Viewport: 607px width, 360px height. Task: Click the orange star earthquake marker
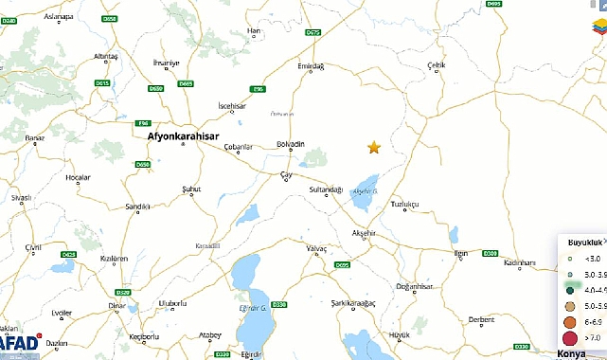[374, 147]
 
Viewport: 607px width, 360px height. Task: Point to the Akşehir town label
[364, 232]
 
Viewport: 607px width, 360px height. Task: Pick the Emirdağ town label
[311, 66]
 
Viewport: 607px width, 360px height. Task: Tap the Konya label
[572, 352]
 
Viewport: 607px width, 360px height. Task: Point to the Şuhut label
[191, 189]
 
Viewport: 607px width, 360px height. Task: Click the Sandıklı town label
[138, 206]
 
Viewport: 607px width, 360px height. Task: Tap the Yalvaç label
[315, 248]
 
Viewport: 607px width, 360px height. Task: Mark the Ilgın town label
[461, 254]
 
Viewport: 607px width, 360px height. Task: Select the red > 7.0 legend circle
[570, 338]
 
